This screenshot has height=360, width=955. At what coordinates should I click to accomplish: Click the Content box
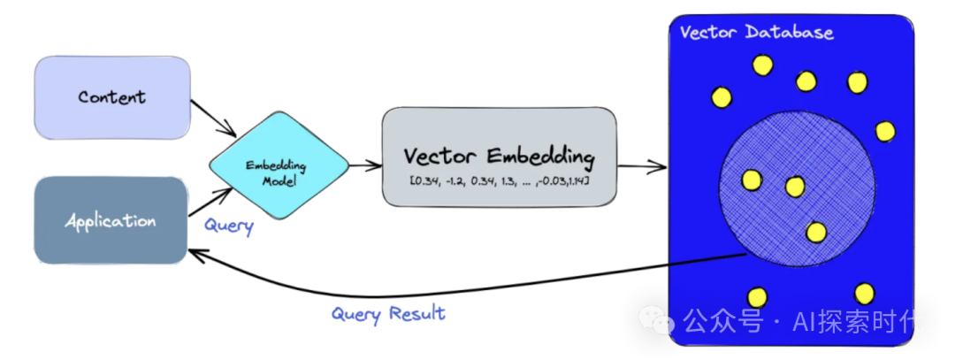coord(111,96)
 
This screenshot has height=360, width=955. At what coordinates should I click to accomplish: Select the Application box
coord(111,220)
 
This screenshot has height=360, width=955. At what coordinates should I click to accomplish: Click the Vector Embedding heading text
coord(499,157)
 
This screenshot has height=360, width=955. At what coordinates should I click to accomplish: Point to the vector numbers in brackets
coord(499,181)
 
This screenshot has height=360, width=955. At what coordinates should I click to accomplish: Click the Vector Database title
coord(756,33)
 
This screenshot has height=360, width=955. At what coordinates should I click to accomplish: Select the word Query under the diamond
coord(229,226)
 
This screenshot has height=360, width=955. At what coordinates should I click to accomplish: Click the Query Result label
coord(388,313)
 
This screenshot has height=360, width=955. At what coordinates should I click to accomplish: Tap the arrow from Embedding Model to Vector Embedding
coord(364,166)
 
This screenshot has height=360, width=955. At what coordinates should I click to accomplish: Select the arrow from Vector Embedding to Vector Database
coord(643,165)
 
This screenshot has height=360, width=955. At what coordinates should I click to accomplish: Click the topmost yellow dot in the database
coord(761,65)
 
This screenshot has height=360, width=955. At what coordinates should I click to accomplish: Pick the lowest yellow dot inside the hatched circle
coord(815,232)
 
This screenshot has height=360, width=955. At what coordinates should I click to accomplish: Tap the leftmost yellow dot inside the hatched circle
coord(752,180)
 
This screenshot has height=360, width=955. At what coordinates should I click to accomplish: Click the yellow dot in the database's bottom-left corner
coord(756,298)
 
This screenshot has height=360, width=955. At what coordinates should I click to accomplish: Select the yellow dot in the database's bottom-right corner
coord(864,293)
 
